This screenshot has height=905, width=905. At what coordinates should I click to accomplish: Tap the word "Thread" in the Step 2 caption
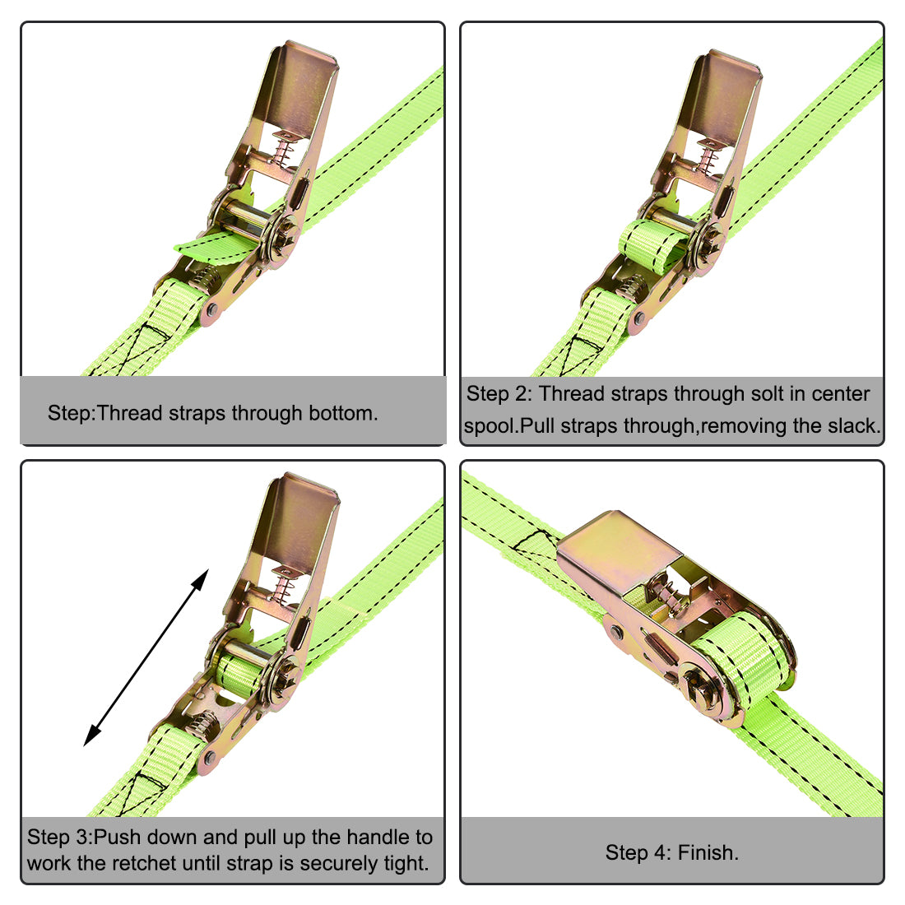pos(571,394)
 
